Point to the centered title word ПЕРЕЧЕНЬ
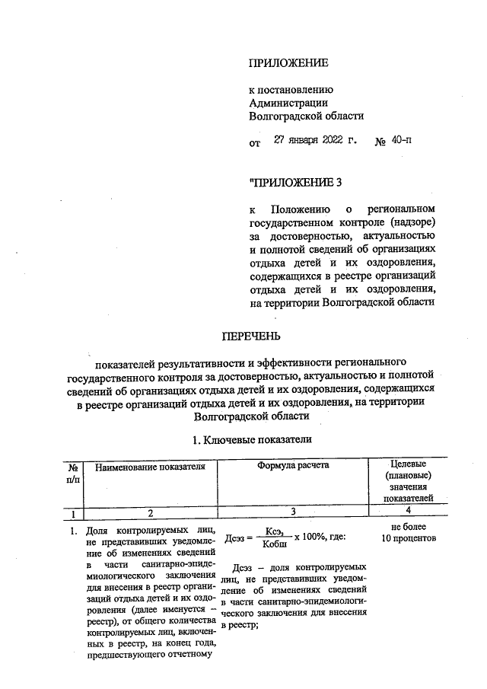tap(251, 335)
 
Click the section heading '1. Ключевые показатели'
tap(251, 439)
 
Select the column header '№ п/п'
tap(74, 472)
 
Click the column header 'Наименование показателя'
tap(151, 466)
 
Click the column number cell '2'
tap(151, 512)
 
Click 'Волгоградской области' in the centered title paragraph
tap(251, 417)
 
